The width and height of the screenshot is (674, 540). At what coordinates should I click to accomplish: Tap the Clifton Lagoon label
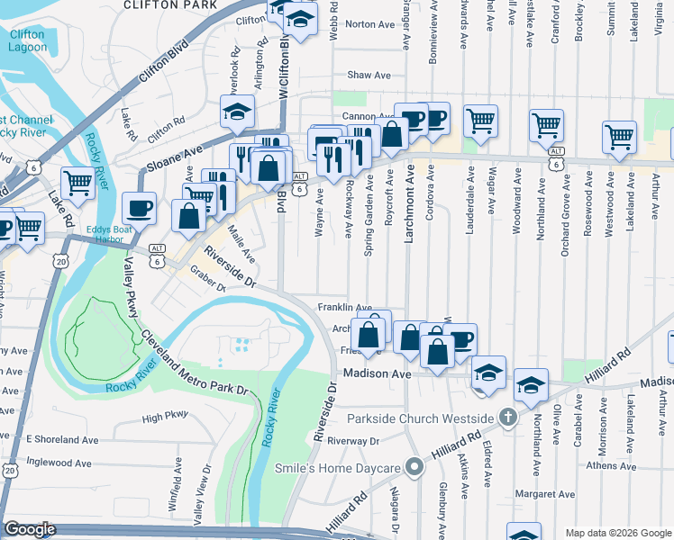pos(26,41)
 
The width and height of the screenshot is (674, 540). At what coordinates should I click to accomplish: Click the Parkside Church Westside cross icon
pos(508,418)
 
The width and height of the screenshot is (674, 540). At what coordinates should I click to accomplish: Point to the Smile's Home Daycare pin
pos(414,468)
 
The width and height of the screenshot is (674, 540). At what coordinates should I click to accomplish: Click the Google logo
pos(30,530)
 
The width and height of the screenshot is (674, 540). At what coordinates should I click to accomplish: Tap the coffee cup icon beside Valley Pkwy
pos(139,208)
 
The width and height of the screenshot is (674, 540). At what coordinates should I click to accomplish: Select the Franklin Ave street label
pos(344,308)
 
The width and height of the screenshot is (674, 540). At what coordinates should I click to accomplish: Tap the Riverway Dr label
pos(353,441)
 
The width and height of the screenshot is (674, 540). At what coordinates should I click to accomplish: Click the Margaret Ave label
pos(544,495)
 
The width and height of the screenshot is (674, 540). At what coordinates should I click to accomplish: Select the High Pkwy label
pos(165,417)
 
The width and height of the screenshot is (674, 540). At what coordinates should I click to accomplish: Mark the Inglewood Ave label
pos(59,463)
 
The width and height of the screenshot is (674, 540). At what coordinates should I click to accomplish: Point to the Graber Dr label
pos(206,284)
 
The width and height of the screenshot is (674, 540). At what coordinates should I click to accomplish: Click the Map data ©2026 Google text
pos(617,533)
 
